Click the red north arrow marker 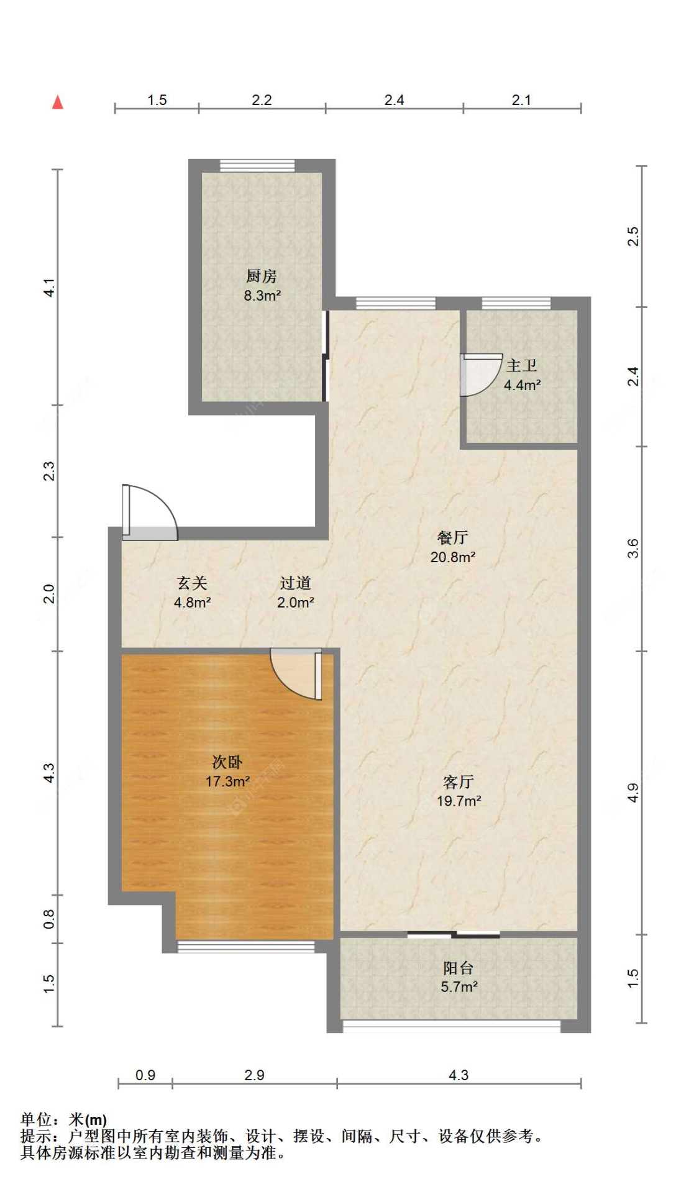tap(58, 102)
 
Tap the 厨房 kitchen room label tap(262, 276)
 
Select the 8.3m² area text tap(262, 296)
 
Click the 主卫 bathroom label tap(522, 365)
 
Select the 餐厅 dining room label tap(453, 537)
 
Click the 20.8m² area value tap(453, 557)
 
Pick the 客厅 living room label tap(459, 781)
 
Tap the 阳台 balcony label tap(459, 967)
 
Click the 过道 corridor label tap(295, 583)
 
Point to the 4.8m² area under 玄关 tap(193, 603)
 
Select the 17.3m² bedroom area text tap(228, 781)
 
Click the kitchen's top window tap(257, 166)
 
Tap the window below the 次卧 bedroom tap(246, 947)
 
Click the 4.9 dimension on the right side tap(633, 793)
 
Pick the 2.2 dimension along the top tap(262, 100)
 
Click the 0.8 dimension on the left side tap(49, 919)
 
